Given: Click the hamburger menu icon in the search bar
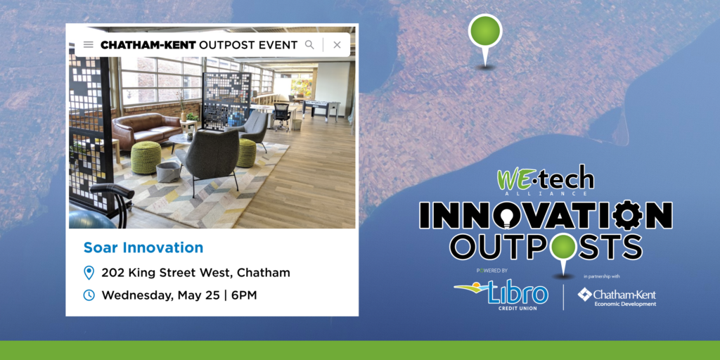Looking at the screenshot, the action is tap(88, 44).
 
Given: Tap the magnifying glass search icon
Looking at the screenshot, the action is tap(309, 44).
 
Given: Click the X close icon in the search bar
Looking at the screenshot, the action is tap(337, 44).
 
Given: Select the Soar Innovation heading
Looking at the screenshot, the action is tap(143, 247).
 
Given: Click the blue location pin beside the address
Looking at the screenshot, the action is tap(89, 273).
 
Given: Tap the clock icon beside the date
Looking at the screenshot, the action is tap(89, 295).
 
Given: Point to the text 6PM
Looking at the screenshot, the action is tap(244, 295).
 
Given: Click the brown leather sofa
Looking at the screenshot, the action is tap(147, 129).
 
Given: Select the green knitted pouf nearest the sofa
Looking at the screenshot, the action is tap(146, 157).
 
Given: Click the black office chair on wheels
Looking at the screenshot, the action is tap(281, 117).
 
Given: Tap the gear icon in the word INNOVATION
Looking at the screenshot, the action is tap(627, 215).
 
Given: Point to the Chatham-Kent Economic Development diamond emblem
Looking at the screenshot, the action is tap(584, 295).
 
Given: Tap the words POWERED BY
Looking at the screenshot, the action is tap(492, 271).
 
